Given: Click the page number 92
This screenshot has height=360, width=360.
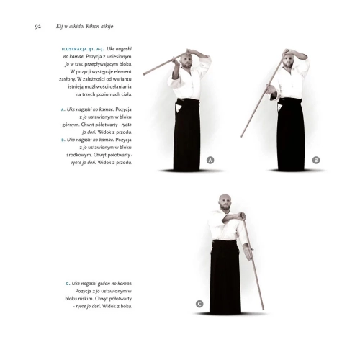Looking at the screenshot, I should pos(37,27).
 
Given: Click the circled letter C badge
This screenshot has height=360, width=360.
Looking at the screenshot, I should pos(199,305).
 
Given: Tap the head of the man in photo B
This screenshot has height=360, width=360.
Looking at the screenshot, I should pos(291,60).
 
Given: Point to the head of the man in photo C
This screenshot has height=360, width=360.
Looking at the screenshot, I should pos(225,201).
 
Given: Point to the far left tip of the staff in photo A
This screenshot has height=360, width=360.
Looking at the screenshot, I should pos(143,74).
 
